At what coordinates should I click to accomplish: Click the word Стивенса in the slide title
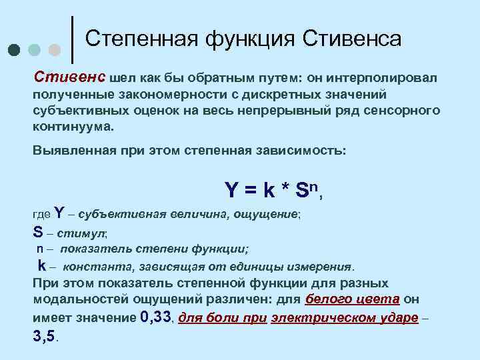click(x=353, y=39)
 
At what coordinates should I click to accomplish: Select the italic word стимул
click(x=81, y=233)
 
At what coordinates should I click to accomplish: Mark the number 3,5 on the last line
click(x=44, y=336)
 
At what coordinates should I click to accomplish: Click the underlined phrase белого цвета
click(x=352, y=300)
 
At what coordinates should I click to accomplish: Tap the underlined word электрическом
click(x=309, y=318)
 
